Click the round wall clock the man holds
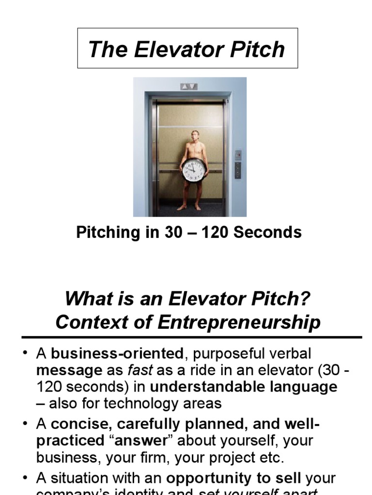[194, 170]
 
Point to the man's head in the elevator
[195, 136]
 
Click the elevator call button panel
[238, 170]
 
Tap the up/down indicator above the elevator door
[188, 87]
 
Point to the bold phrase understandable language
[244, 387]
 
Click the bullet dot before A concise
[25, 423]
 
